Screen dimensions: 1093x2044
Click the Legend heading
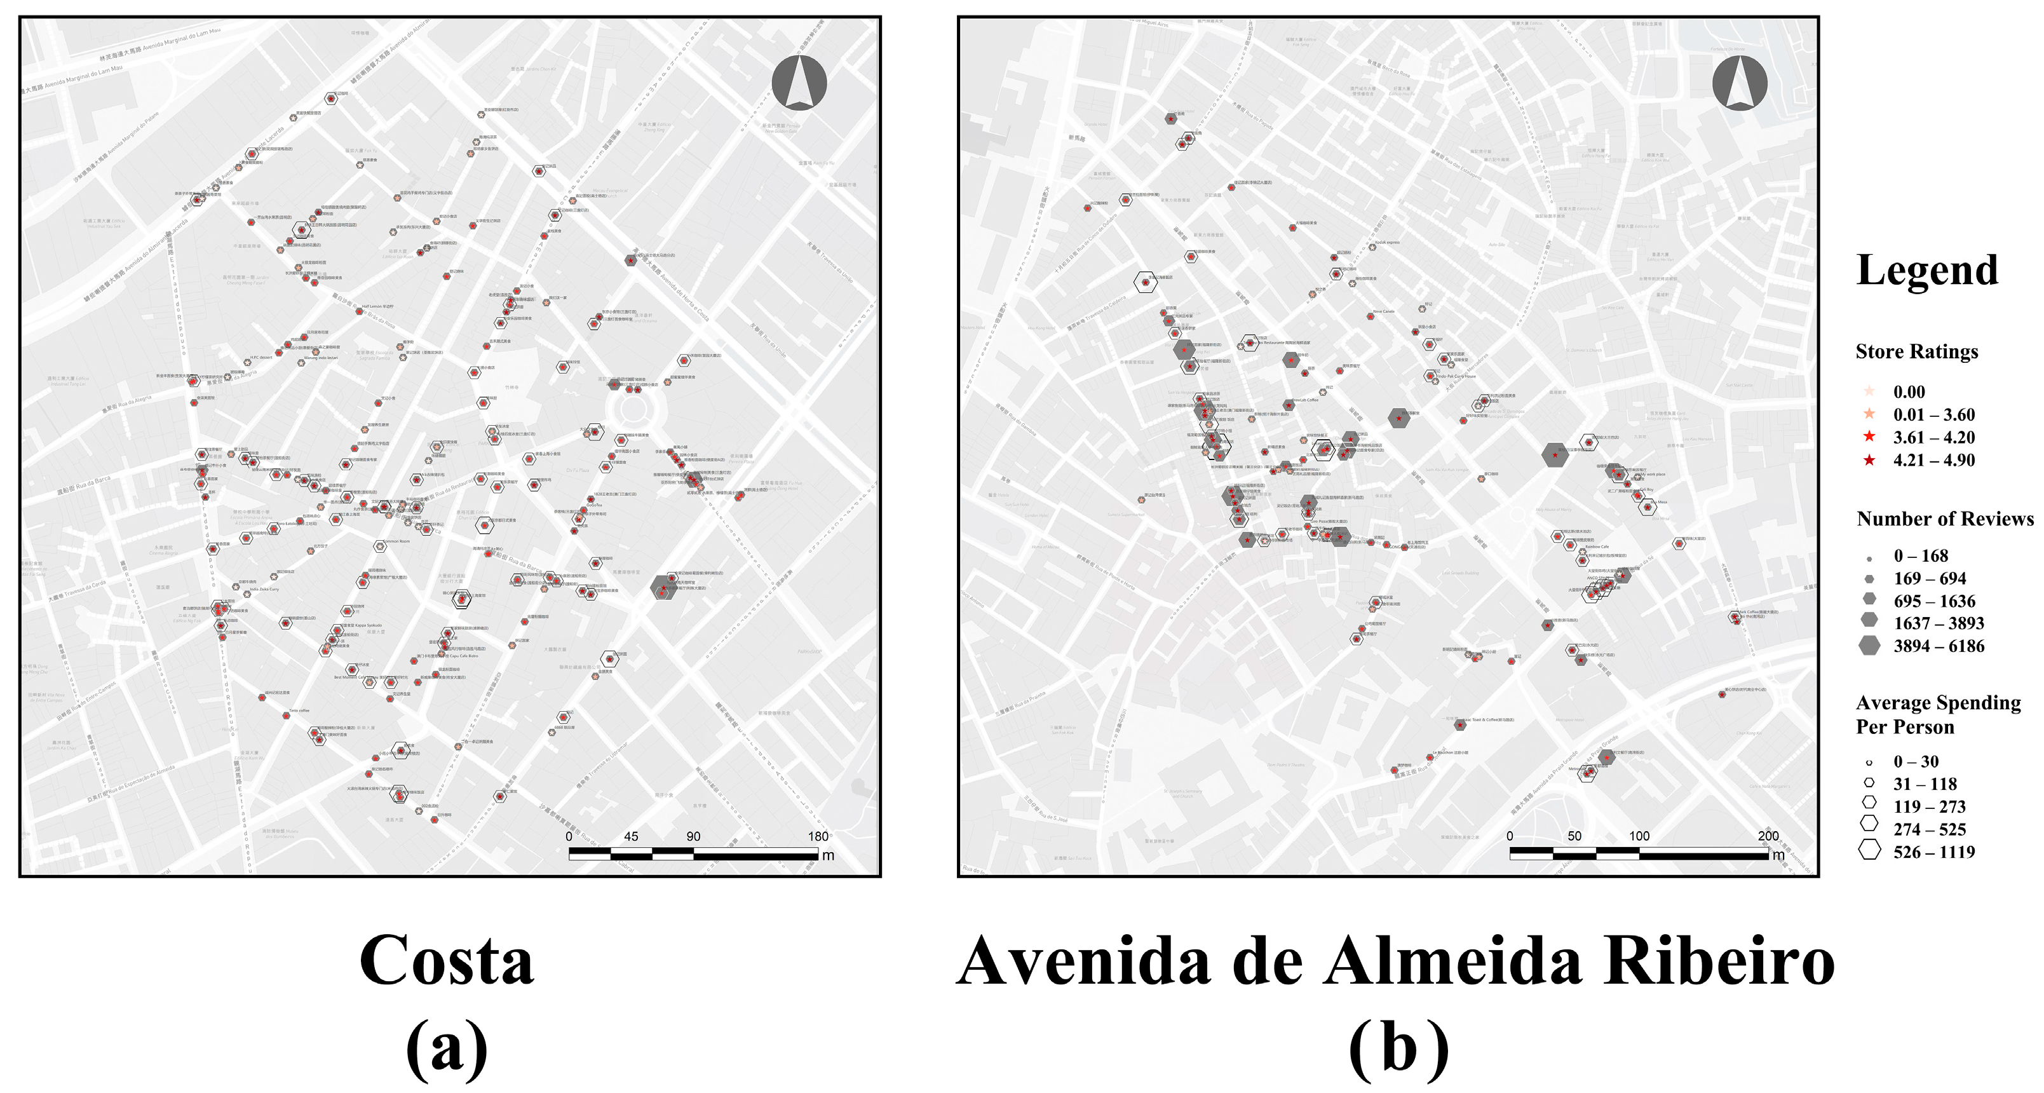pyautogui.click(x=1926, y=271)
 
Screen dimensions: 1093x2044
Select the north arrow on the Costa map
pyautogui.click(x=799, y=83)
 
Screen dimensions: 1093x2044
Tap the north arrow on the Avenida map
pyautogui.click(x=1739, y=83)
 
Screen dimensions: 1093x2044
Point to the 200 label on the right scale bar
pyautogui.click(x=1768, y=835)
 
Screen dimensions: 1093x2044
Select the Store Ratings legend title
pyautogui.click(x=1916, y=351)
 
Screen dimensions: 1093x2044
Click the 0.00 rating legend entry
pyautogui.click(x=1908, y=391)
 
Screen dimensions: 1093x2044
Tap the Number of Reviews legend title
pyautogui.click(x=1945, y=519)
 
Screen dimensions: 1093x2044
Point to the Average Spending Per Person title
pyautogui.click(x=1938, y=714)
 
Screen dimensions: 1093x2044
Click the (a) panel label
pyautogui.click(x=447, y=1048)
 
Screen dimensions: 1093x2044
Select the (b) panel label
pyautogui.click(x=1398, y=1048)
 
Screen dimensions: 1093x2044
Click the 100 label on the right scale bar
pyautogui.click(x=1639, y=835)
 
